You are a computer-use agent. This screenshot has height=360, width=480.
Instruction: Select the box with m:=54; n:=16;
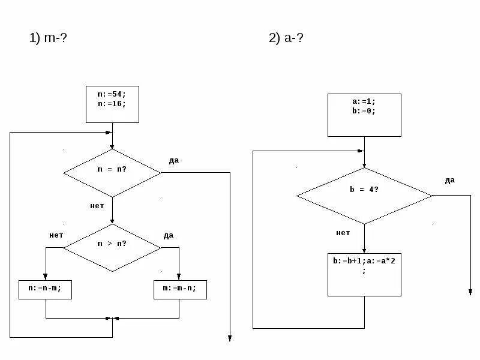(112, 104)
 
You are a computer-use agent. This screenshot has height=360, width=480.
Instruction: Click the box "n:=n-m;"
(46, 289)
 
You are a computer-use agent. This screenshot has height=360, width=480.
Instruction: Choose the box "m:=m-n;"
(179, 289)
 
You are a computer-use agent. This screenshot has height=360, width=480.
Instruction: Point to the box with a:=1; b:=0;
(364, 115)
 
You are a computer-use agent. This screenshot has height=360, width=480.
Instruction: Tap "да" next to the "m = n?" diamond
(174, 160)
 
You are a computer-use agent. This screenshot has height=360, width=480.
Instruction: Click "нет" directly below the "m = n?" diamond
(97, 206)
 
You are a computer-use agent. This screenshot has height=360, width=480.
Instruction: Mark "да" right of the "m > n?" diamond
(169, 235)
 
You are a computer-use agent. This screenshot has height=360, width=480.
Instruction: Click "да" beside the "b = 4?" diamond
(450, 180)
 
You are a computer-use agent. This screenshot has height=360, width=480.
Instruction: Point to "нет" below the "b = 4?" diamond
(343, 233)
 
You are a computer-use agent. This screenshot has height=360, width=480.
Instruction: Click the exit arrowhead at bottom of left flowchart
(230, 339)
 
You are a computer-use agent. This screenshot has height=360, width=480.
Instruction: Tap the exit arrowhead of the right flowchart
(470, 292)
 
